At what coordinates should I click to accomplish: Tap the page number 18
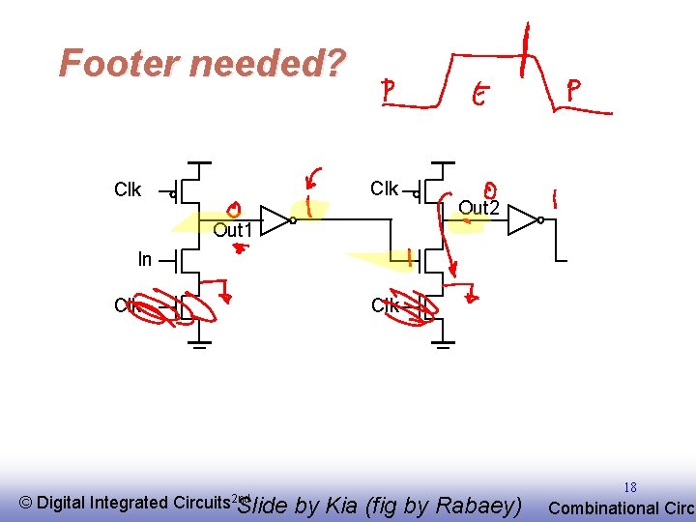click(629, 488)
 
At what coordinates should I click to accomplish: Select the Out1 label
click(232, 230)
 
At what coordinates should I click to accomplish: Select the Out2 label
click(478, 208)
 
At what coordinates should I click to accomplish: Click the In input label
click(145, 259)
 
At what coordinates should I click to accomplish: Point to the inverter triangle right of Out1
click(275, 220)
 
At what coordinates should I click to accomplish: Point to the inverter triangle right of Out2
click(522, 220)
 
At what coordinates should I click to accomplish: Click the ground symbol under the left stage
click(198, 343)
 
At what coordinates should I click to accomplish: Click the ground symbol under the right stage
click(443, 343)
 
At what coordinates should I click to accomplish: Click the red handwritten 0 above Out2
click(491, 190)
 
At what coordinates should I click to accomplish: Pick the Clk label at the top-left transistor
click(128, 189)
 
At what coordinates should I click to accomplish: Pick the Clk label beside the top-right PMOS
click(384, 188)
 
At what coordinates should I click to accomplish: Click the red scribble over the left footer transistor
click(174, 307)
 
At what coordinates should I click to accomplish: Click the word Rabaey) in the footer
click(478, 506)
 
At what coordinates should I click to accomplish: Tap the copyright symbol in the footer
click(26, 503)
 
